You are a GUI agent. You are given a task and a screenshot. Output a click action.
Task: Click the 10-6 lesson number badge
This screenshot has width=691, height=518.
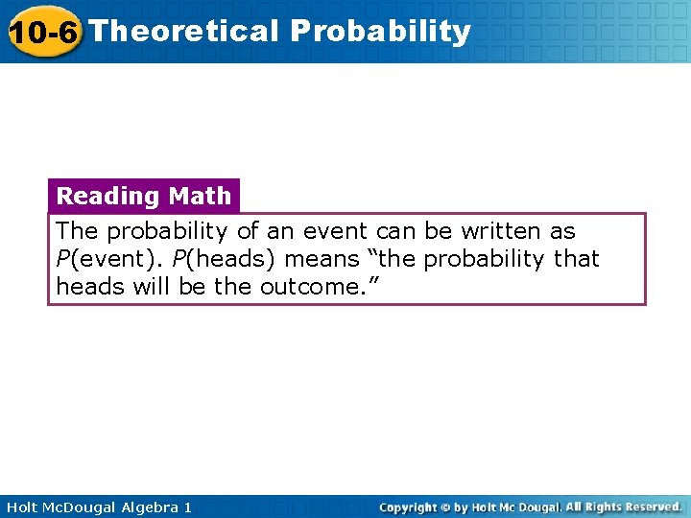click(43, 32)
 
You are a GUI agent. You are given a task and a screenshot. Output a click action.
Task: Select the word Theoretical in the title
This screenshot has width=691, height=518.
click(183, 31)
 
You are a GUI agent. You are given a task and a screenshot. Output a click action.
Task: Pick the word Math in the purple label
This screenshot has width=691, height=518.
click(200, 196)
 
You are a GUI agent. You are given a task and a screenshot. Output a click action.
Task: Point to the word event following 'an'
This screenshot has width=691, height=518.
click(334, 231)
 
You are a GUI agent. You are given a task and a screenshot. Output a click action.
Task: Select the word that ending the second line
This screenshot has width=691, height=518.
click(575, 259)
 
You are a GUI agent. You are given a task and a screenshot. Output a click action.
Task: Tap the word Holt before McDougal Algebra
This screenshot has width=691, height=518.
click(22, 506)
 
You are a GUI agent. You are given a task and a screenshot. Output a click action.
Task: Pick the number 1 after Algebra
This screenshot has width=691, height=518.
click(187, 506)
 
